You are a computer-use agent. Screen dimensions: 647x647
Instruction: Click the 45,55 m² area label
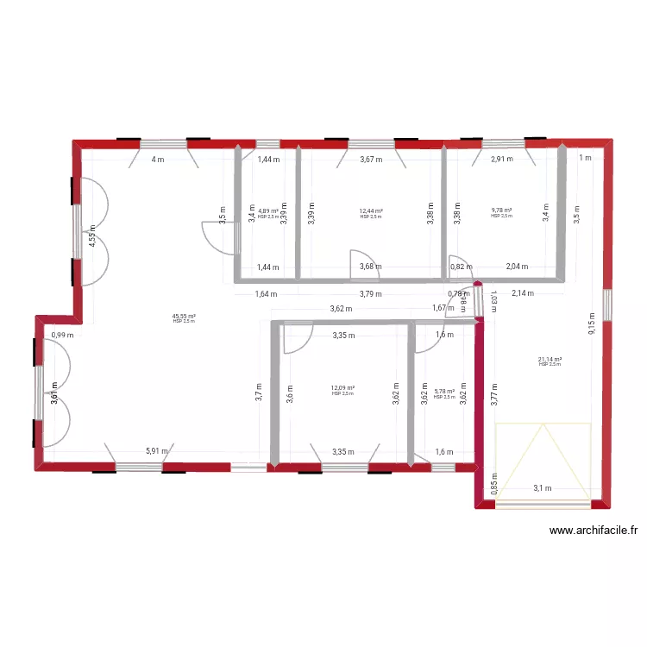coord(185,317)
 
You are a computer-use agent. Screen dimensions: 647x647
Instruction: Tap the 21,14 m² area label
coord(550,360)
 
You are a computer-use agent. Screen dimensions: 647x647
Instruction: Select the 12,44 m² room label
coord(371,211)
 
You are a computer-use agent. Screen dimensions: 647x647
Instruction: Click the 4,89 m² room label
coord(268,211)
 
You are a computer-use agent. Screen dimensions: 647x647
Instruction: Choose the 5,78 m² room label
coord(444,392)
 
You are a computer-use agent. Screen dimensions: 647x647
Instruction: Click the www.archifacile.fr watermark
coord(586,531)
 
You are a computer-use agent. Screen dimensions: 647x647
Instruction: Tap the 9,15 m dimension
coord(591,323)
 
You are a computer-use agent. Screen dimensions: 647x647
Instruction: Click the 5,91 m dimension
coord(157,450)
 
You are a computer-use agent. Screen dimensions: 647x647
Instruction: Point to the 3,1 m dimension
coord(542,488)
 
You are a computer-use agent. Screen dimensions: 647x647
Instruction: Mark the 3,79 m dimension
coord(372,293)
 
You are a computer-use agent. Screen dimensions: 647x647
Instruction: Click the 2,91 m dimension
coord(502,159)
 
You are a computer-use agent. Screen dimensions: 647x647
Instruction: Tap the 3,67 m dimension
coord(371,159)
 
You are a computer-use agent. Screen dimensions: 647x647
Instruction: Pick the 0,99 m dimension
coord(62,336)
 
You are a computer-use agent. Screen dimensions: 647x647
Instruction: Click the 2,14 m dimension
coord(523,293)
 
